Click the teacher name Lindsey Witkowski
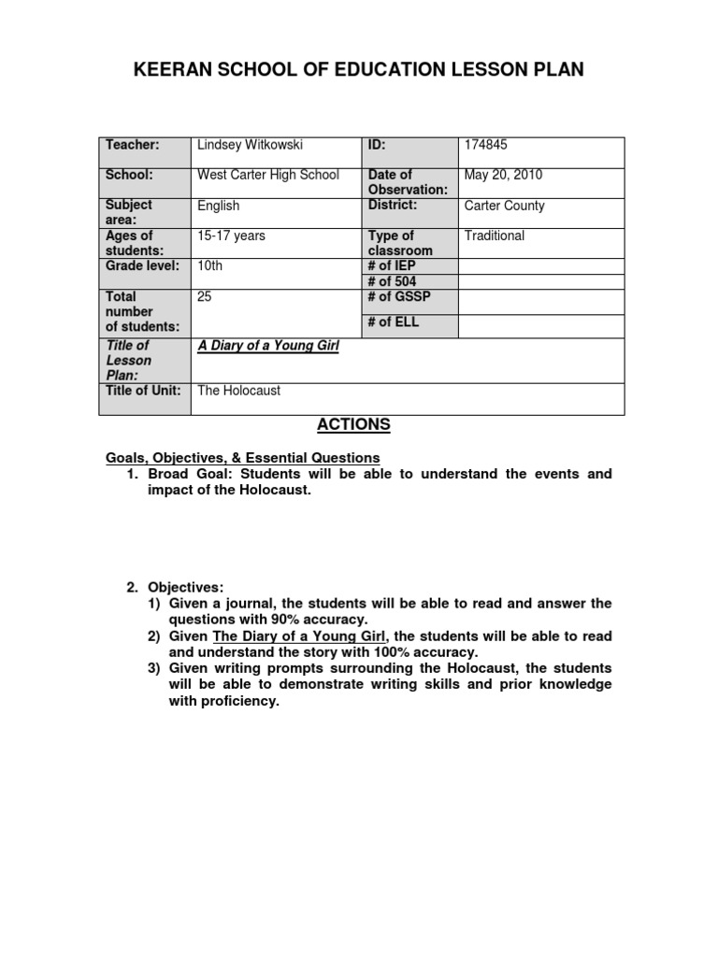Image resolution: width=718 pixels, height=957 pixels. click(x=250, y=145)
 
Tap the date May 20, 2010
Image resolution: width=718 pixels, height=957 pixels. click(x=502, y=175)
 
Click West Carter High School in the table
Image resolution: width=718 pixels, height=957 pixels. click(x=268, y=175)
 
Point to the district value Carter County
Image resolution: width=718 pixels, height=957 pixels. click(x=504, y=206)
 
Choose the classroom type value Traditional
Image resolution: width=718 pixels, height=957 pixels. click(x=495, y=236)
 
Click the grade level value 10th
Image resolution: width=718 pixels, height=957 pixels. click(x=210, y=265)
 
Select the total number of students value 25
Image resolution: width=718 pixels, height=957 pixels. click(x=206, y=296)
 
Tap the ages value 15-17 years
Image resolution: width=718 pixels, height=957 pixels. click(x=231, y=236)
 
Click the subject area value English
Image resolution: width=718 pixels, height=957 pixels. click(x=219, y=206)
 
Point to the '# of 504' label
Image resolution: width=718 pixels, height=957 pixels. click(x=393, y=281)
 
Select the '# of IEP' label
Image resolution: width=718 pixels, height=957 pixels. click(x=393, y=265)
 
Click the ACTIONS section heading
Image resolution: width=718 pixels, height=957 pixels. click(x=353, y=425)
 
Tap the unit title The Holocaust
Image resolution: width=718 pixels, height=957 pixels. click(x=238, y=391)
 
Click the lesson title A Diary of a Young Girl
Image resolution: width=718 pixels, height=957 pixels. click(x=267, y=346)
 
